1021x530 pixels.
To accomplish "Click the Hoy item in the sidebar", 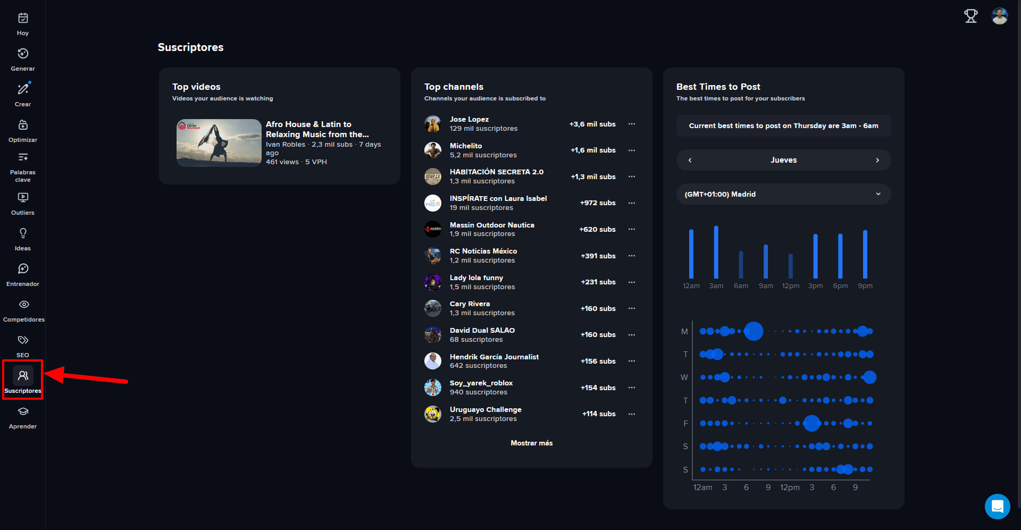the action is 23,24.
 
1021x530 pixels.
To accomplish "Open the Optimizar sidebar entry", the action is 23,131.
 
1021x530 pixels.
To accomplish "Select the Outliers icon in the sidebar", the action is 23,197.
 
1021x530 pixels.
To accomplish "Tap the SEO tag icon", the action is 23,340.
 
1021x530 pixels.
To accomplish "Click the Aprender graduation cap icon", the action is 23,411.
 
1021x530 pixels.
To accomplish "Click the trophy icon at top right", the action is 971,16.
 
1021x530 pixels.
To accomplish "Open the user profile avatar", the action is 1000,16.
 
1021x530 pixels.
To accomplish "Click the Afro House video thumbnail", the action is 219,143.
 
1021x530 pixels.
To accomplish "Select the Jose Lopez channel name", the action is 469,119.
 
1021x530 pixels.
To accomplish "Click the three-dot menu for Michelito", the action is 632,150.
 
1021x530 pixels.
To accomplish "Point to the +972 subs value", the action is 598,203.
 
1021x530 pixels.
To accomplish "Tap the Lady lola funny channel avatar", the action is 433,282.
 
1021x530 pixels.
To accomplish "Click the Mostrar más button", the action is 532,443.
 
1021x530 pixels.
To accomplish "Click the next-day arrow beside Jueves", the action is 877,160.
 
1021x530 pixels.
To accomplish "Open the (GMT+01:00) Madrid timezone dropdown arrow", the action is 878,194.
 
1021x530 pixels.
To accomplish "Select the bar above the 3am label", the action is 716,252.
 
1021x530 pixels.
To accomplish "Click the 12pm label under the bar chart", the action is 791,286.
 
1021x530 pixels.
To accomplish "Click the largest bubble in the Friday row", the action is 812,423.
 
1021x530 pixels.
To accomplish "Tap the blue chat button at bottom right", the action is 998,507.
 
